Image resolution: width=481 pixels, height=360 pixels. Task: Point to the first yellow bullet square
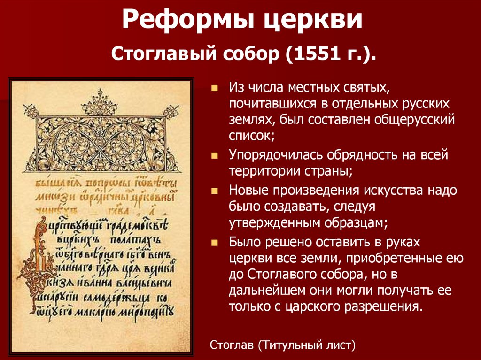pos(215,88)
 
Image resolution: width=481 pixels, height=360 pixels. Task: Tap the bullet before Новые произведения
pos(215,191)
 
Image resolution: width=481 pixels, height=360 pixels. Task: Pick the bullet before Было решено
pos(215,243)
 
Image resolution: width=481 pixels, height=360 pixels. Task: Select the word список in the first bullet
pos(251,136)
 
